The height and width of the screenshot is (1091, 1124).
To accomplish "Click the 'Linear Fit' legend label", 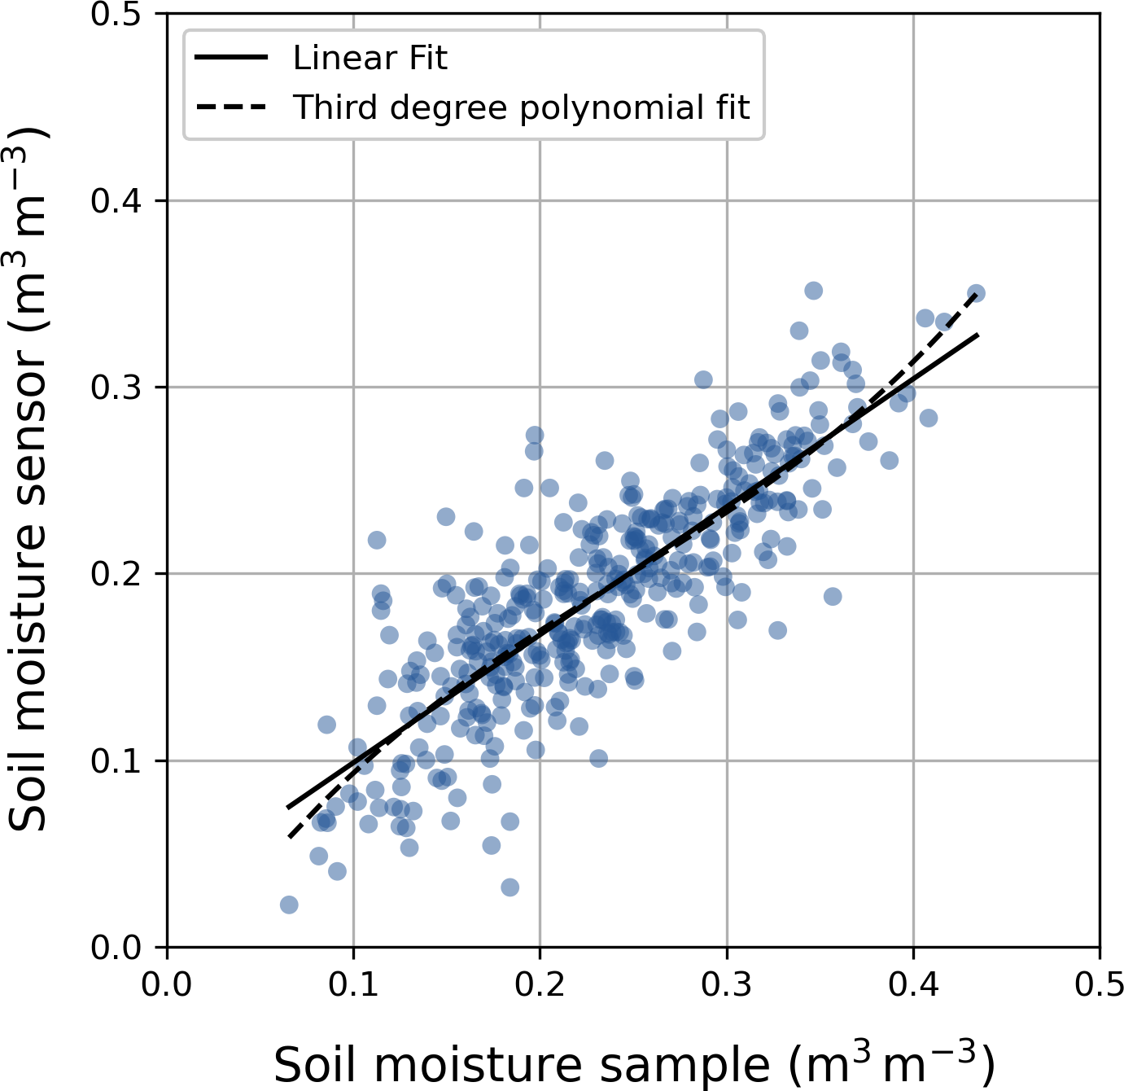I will (370, 58).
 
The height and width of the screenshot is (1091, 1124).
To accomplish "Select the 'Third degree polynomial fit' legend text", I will (521, 107).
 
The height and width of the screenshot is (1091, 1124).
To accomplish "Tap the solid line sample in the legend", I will (231, 58).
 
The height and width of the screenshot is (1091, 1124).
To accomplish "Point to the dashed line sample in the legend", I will (231, 107).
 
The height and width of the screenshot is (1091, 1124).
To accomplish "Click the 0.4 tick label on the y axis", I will (117, 201).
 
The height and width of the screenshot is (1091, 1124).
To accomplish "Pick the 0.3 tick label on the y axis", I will (117, 388).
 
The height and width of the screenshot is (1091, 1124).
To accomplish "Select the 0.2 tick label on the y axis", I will (117, 574).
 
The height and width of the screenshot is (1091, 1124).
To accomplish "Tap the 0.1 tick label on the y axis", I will (117, 760).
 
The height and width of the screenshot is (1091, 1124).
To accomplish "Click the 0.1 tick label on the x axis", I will (353, 984).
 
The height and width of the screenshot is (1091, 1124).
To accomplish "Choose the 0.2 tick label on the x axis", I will (540, 984).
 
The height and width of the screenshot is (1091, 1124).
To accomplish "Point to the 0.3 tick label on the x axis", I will (727, 984).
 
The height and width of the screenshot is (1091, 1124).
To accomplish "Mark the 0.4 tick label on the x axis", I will (913, 984).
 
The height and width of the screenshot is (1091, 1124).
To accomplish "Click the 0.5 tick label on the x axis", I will (1100, 984).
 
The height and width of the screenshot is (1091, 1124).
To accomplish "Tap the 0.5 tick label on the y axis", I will (117, 15).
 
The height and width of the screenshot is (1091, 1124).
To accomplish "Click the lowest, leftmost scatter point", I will (289, 905).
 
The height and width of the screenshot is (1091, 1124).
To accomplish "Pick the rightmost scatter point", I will (977, 293).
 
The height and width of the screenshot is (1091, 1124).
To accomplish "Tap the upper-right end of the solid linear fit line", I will (977, 334).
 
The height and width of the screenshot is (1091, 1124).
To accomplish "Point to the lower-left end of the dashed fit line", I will (289, 836).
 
